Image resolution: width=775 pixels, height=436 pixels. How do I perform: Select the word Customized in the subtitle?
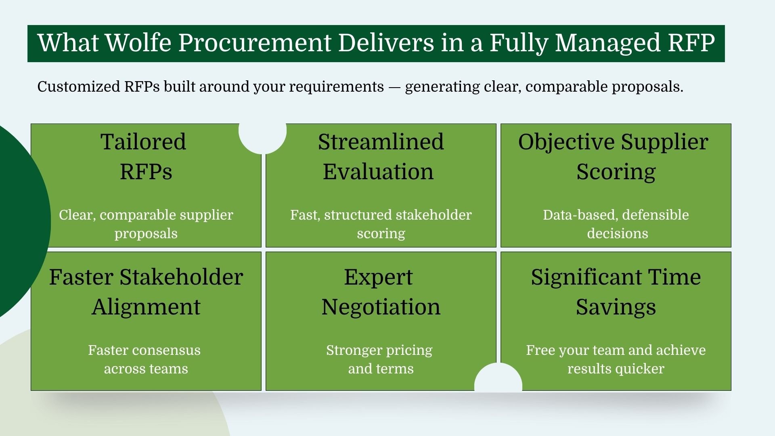coord(79,87)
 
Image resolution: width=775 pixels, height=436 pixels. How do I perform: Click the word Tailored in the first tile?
coord(143,142)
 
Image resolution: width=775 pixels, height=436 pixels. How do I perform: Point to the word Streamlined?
coord(381,142)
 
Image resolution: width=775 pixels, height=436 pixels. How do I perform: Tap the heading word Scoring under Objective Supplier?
coord(616,172)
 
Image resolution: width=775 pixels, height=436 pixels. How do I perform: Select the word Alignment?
coord(146,307)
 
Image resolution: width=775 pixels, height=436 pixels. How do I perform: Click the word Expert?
coord(378,277)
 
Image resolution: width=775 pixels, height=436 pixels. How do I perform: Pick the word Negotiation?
coord(381,307)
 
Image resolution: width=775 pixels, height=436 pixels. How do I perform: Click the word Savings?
coord(616,307)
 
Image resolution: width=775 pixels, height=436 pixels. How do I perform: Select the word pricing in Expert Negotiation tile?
coord(408,350)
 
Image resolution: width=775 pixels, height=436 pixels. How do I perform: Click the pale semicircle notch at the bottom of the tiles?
coord(498,379)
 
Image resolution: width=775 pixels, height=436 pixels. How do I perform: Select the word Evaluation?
coord(378,172)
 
